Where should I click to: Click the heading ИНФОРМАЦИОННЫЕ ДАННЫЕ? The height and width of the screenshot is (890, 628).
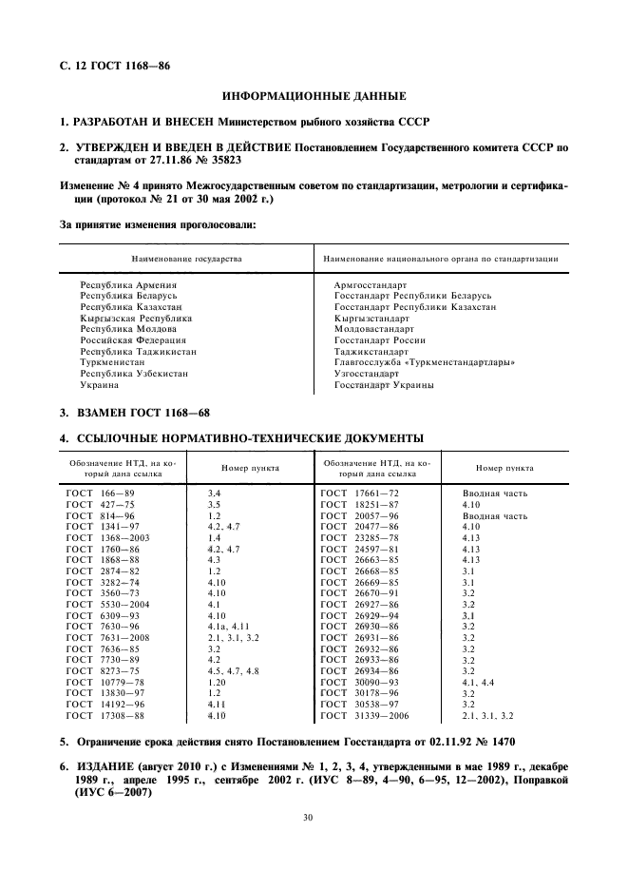(314, 96)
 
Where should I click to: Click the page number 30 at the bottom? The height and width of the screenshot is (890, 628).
(314, 816)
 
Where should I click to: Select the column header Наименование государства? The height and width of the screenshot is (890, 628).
(186, 259)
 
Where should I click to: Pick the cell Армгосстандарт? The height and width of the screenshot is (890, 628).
(371, 284)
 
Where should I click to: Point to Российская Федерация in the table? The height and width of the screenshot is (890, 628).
(133, 339)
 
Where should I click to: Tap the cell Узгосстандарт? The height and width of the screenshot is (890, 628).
(367, 374)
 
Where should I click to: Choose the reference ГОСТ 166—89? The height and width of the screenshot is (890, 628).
(100, 493)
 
